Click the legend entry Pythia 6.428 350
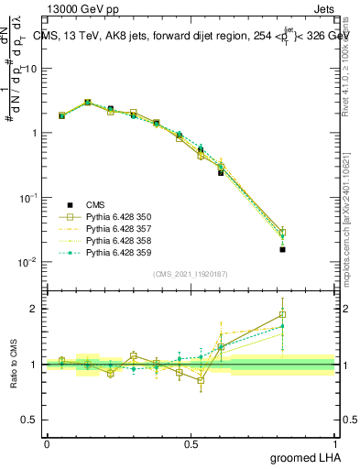pos(105,216)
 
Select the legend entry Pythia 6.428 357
pos(105,228)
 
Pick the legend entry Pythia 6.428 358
pos(105,240)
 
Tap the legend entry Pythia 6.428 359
pos(105,252)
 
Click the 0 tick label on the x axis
pos(48,443)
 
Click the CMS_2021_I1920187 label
pos(191,274)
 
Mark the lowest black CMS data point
pos(283,249)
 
